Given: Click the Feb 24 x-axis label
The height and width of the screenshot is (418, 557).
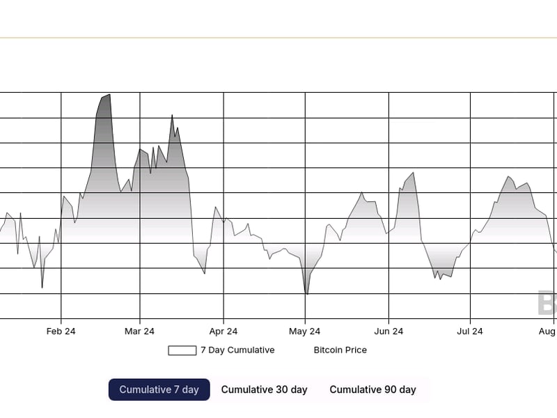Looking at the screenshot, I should (x=61, y=332).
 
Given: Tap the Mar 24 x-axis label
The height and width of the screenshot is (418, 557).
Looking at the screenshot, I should (x=139, y=332).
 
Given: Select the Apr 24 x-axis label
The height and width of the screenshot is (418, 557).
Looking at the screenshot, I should (x=223, y=332).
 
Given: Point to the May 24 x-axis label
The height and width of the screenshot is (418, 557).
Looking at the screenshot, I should (x=305, y=332).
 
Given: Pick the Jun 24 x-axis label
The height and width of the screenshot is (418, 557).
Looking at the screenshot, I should (x=389, y=332).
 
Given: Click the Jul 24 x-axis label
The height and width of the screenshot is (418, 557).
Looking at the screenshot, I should (x=470, y=332).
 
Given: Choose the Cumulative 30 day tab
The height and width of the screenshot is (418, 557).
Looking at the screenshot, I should (x=264, y=389).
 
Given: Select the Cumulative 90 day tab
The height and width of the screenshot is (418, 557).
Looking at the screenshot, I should (x=372, y=389).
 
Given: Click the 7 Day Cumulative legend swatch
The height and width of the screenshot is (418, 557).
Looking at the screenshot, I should (x=182, y=350).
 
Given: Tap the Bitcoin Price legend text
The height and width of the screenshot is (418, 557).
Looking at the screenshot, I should (x=340, y=350).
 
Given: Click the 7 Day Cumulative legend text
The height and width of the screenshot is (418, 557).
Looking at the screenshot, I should (x=237, y=350).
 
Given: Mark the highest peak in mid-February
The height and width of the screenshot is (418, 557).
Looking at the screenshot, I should (x=109, y=95).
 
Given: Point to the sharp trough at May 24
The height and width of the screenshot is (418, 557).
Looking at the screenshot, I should (x=306, y=294).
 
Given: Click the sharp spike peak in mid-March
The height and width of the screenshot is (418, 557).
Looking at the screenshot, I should (x=172, y=116).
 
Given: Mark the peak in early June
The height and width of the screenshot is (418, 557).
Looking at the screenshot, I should (x=414, y=173).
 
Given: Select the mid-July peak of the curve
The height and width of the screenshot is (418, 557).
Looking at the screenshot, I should (x=509, y=177).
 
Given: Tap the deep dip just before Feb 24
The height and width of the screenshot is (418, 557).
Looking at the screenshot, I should (x=42, y=287).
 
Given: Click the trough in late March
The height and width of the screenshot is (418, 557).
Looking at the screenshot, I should (x=205, y=273).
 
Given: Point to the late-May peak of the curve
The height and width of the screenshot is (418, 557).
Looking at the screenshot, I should (x=362, y=193).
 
